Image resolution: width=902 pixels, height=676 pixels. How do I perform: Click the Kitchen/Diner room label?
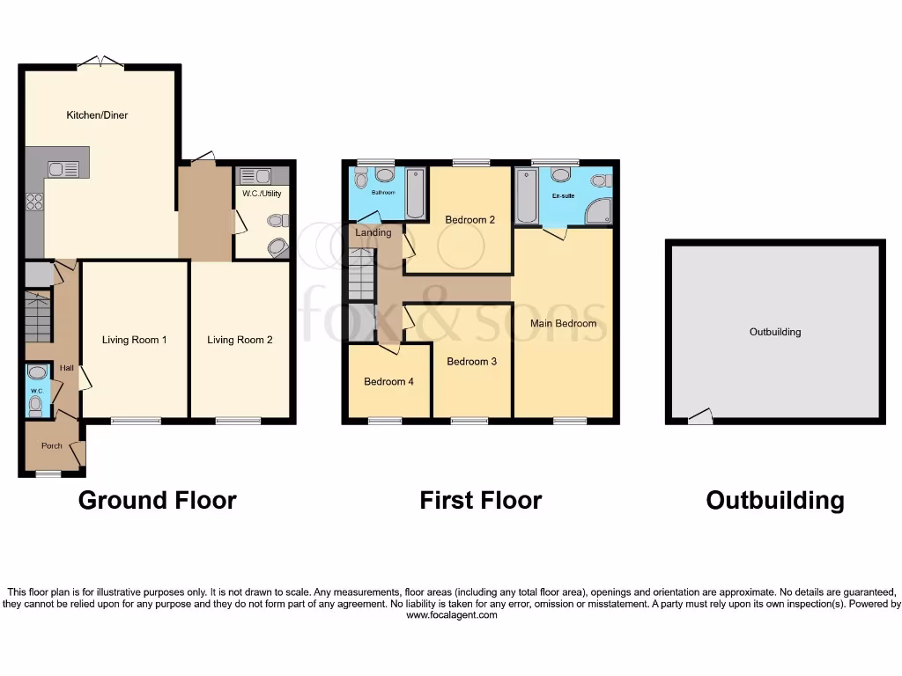98,115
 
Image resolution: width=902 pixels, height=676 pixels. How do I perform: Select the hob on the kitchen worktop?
36,202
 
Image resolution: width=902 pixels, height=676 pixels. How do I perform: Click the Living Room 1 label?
134,340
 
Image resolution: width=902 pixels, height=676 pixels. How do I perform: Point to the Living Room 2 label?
240,340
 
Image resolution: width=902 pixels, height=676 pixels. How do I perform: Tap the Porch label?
52,445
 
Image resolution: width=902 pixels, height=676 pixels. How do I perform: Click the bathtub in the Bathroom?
414,195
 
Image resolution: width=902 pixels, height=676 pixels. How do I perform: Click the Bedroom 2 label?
469,220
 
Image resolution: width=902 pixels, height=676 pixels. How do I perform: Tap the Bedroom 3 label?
471,362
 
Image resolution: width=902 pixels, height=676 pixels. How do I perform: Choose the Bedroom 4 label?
388,382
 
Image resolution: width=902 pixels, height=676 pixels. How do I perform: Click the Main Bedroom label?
563,323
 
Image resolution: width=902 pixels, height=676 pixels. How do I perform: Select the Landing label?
373,233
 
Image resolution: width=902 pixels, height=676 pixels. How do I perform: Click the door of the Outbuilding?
701,416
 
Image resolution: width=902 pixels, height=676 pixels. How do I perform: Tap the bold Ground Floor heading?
157,501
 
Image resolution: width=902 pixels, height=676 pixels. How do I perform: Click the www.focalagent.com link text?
451,615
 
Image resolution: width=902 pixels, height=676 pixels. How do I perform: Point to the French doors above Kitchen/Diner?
100,62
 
